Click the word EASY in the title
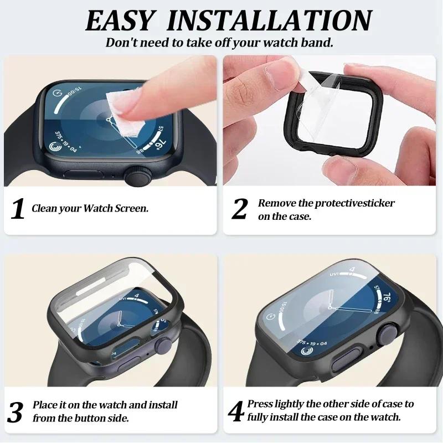[x=119, y=20]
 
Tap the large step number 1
[x=18, y=209]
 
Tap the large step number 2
[x=239, y=209]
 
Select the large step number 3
[x=17, y=412]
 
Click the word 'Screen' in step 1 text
[x=132, y=209]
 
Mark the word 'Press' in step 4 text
[x=260, y=404]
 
